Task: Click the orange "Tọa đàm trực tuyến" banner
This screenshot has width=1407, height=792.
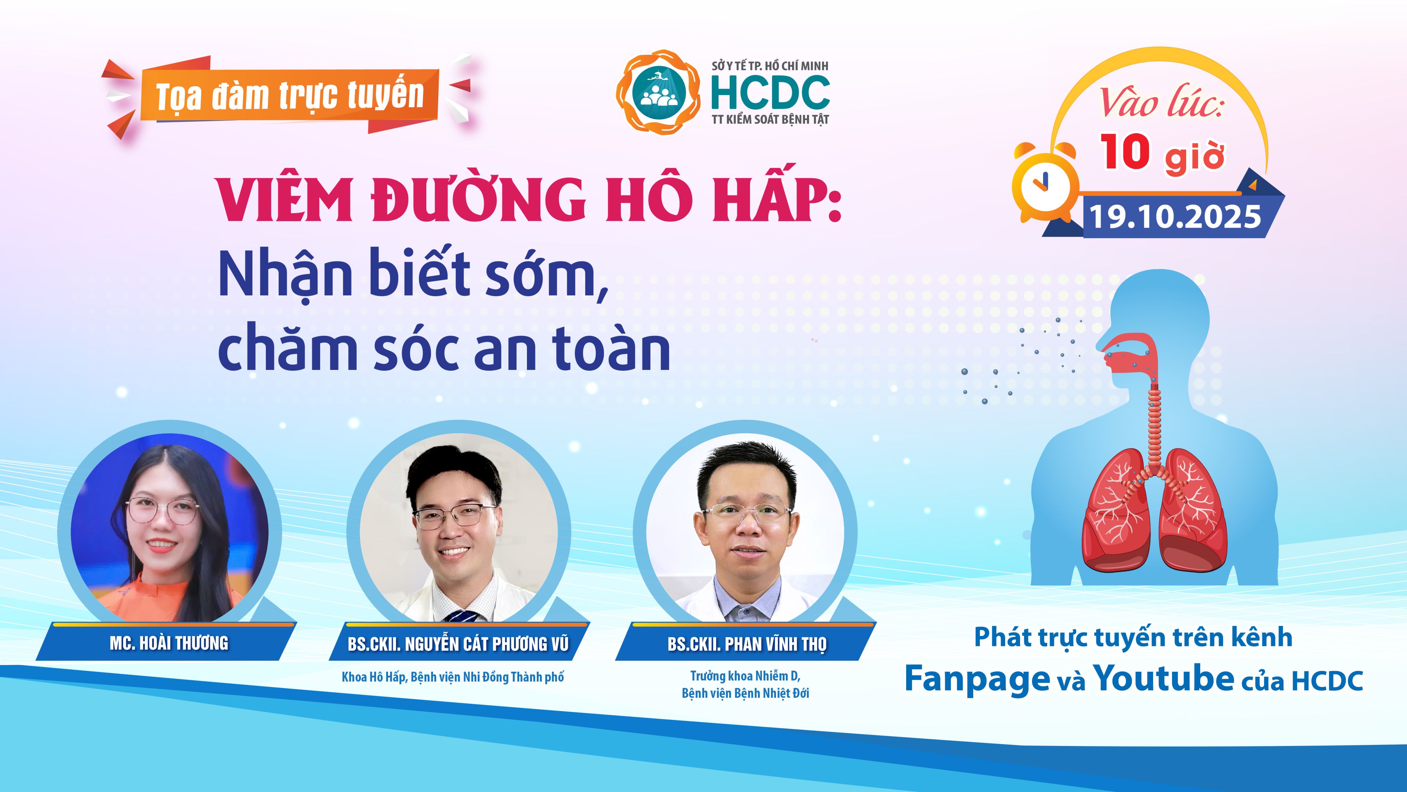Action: coord(289,96)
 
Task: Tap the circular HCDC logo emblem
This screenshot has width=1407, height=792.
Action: coord(658,91)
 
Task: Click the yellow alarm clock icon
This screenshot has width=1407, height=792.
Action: coord(1045,183)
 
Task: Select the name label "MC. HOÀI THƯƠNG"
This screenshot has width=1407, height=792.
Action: coord(169,643)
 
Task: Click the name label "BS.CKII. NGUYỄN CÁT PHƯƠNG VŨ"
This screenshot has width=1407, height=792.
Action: coord(458,644)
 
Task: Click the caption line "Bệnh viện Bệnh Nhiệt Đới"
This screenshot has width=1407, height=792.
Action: coord(746,693)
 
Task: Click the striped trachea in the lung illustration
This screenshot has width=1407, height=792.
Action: coord(1154,426)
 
